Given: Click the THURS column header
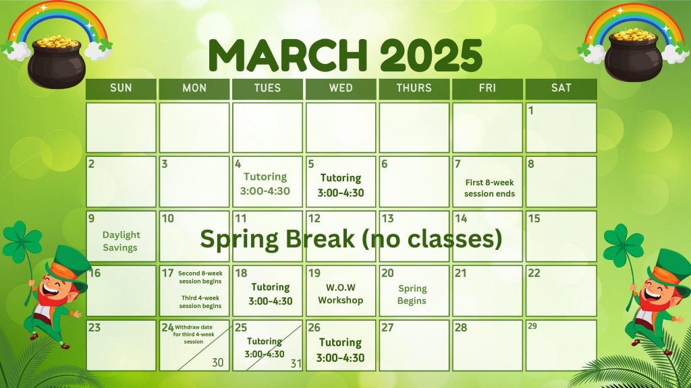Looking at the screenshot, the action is click(x=414, y=88).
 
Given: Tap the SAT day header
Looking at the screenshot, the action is click(x=561, y=88).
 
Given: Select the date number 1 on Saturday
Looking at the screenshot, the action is click(x=531, y=110).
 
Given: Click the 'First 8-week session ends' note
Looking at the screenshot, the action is click(x=489, y=189).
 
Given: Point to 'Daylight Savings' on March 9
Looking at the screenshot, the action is click(x=121, y=241).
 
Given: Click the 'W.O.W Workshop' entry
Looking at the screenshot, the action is click(x=341, y=294).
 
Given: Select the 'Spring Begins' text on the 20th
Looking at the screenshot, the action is click(x=412, y=295).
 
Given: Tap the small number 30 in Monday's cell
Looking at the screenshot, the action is click(x=218, y=362).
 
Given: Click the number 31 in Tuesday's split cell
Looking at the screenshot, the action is click(x=296, y=364).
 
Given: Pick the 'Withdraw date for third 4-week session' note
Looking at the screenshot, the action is click(x=194, y=334).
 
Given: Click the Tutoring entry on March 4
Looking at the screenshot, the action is click(x=265, y=184).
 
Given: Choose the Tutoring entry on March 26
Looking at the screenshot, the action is click(x=340, y=350).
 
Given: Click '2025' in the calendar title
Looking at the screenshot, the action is click(x=431, y=56).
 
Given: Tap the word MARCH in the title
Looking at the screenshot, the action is click(x=287, y=56).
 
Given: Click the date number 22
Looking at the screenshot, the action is click(x=534, y=273).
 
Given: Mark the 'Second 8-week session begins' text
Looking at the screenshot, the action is click(x=200, y=277).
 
